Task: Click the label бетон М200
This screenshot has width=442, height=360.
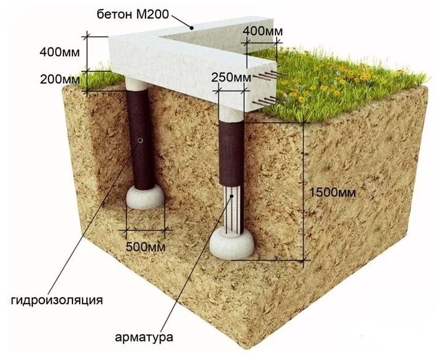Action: click(x=132, y=14)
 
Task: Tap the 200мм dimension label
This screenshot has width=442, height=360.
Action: click(x=60, y=80)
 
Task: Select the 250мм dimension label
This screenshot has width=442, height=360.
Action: click(x=231, y=77)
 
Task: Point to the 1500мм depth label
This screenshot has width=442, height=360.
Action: click(x=332, y=193)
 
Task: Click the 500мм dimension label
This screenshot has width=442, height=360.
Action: click(x=146, y=247)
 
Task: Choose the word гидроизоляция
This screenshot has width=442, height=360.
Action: click(x=57, y=301)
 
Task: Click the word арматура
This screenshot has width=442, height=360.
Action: click(x=144, y=337)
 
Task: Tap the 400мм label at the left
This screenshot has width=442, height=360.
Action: click(x=60, y=52)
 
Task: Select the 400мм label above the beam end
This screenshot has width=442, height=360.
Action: click(x=263, y=31)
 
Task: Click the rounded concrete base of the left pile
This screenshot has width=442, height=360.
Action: click(x=145, y=197)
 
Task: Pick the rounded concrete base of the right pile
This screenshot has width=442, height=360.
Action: click(x=231, y=243)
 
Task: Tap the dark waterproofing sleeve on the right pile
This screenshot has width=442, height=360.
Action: click(x=231, y=153)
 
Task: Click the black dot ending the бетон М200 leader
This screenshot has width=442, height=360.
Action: click(x=192, y=28)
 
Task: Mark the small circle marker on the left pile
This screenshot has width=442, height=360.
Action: click(x=140, y=140)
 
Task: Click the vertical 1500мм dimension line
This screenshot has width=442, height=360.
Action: click(x=304, y=191)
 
